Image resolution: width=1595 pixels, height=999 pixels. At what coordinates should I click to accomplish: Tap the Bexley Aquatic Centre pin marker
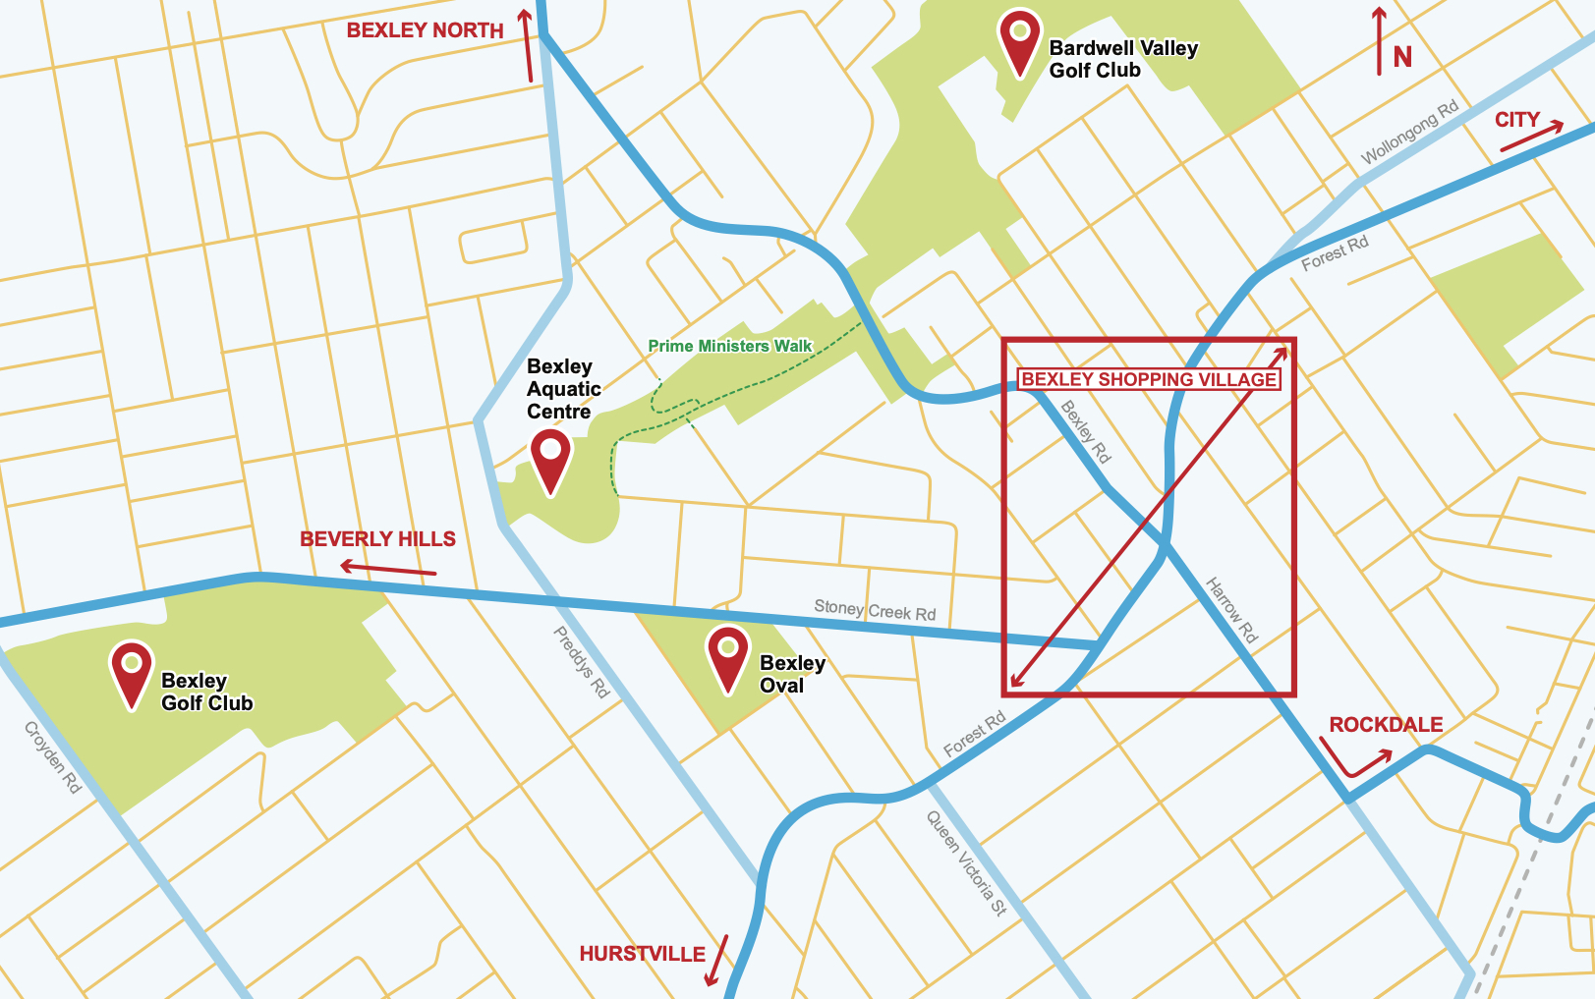pos(550,456)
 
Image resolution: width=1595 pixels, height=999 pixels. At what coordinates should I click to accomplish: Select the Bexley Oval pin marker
pos(728,654)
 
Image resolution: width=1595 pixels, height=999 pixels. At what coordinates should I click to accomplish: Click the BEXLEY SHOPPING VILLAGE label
pos(1149,379)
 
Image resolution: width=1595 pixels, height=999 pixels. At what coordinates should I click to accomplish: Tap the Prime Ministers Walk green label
pos(729,346)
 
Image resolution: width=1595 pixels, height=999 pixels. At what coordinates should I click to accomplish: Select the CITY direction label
pos(1516,120)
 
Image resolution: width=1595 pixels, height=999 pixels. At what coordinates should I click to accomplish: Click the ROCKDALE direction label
pos(1386,725)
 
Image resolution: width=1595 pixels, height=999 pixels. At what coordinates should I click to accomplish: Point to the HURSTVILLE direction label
pos(642,954)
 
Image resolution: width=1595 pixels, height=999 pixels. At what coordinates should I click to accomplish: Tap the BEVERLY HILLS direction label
pos(377,539)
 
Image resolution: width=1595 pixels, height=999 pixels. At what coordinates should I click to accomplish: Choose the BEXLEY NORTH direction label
pos(425,30)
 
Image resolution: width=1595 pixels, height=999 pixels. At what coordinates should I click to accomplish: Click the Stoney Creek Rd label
pos(875,610)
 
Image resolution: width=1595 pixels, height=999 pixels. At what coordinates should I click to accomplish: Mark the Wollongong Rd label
pos(1409,134)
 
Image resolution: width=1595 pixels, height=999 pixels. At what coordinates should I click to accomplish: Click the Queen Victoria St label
pos(967,863)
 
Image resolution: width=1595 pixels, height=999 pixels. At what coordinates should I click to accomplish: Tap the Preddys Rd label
pos(582,663)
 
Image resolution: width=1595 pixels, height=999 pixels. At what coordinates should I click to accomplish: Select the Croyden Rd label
pos(52,757)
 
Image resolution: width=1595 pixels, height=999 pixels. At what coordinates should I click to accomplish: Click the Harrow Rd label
pos(1231,610)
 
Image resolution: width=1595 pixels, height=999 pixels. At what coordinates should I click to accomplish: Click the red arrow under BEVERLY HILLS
pos(388,569)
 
